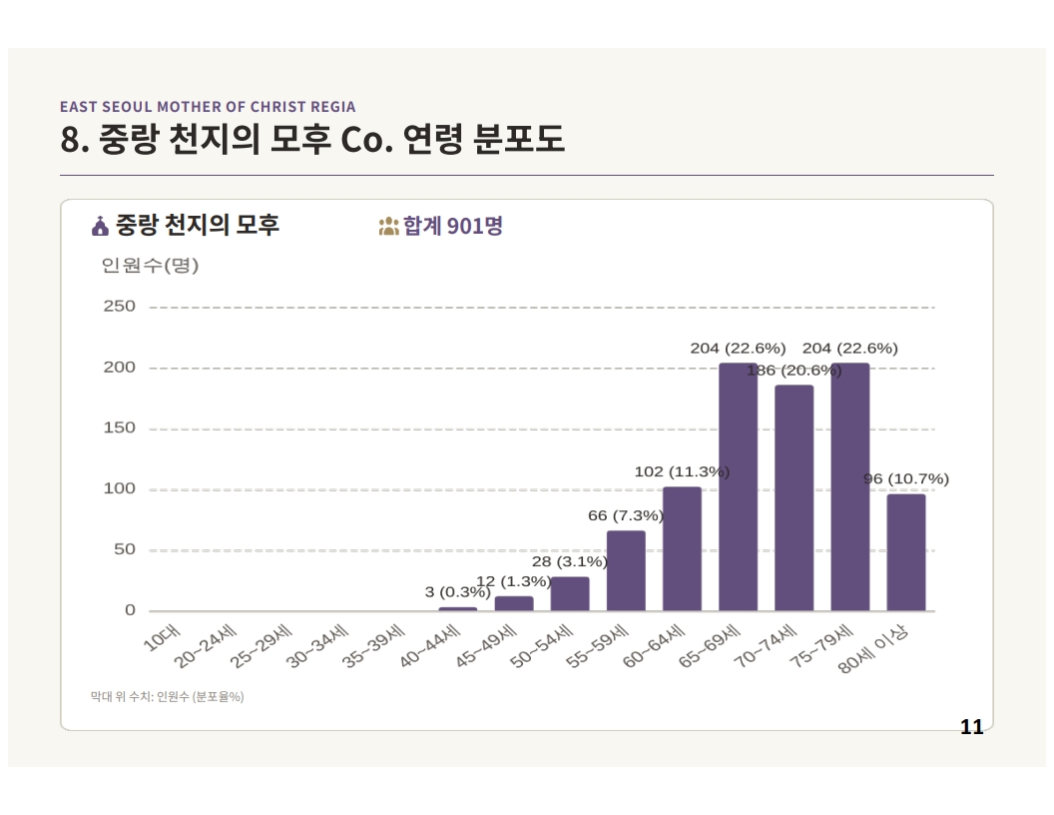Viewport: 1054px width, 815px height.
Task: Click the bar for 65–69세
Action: point(738,486)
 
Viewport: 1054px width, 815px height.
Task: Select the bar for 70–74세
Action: point(793,497)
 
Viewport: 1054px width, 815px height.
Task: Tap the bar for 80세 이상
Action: point(906,552)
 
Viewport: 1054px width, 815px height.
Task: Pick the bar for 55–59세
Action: point(626,571)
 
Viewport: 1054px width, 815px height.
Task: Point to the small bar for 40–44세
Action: point(458,609)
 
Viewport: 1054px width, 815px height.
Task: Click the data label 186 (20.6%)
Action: point(793,371)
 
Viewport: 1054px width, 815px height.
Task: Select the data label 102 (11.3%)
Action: point(682,472)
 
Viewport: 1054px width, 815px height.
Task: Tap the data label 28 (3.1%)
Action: point(569,561)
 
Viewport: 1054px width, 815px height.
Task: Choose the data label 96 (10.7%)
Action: point(906,478)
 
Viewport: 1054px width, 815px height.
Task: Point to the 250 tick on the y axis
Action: point(119,307)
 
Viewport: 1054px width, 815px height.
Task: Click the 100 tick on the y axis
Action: point(119,488)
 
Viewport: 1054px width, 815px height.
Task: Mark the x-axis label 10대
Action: point(162,638)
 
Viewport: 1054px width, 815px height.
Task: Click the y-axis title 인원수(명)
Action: point(150,266)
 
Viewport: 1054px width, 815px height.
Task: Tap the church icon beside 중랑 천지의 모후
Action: point(100,227)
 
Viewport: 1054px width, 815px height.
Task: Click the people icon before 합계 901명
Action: point(388,227)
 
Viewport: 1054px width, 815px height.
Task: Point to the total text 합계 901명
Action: point(452,226)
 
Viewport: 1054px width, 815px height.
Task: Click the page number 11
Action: point(971,727)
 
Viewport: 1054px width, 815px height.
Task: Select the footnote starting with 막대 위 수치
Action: point(167,697)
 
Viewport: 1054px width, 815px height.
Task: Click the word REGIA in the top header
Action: point(332,107)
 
